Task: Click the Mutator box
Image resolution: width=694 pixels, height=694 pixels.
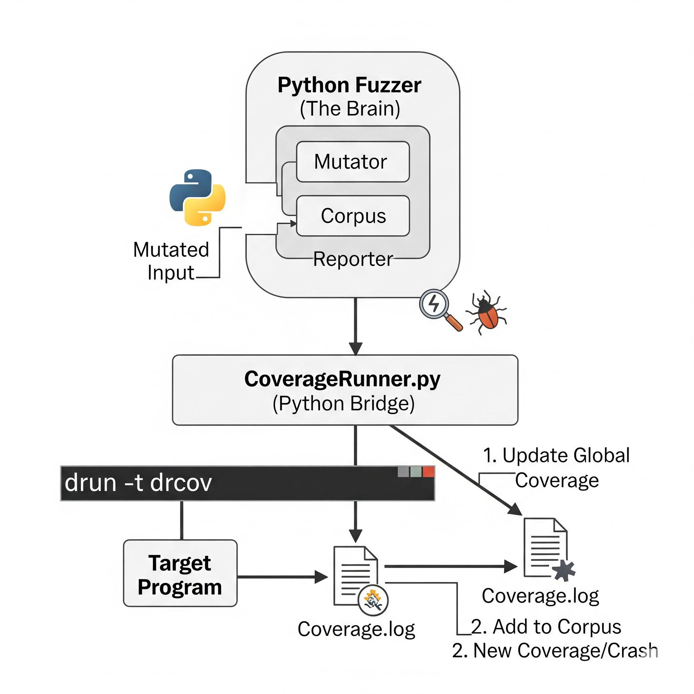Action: [x=352, y=162]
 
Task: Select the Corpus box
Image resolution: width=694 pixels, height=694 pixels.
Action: [x=352, y=216]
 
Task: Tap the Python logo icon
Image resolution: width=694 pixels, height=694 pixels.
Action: [x=197, y=197]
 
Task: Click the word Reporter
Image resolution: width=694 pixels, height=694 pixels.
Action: [x=353, y=259]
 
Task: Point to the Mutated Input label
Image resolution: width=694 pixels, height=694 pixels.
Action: [x=171, y=261]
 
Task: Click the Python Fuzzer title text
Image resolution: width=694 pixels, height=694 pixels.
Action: [x=349, y=85]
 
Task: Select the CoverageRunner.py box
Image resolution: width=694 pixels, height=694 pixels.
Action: [x=345, y=390]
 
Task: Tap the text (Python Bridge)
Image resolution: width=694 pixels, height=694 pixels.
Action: [x=343, y=403]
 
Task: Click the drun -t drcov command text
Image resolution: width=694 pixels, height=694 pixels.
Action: [x=138, y=483]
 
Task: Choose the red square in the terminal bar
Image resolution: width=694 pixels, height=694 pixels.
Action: [x=428, y=472]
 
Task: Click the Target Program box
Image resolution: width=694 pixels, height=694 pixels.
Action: [x=180, y=573]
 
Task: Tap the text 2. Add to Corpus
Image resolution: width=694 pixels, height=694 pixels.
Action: [x=546, y=627]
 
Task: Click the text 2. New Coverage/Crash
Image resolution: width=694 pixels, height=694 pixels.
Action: [x=555, y=651]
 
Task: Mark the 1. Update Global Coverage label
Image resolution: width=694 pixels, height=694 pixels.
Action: [x=556, y=467]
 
